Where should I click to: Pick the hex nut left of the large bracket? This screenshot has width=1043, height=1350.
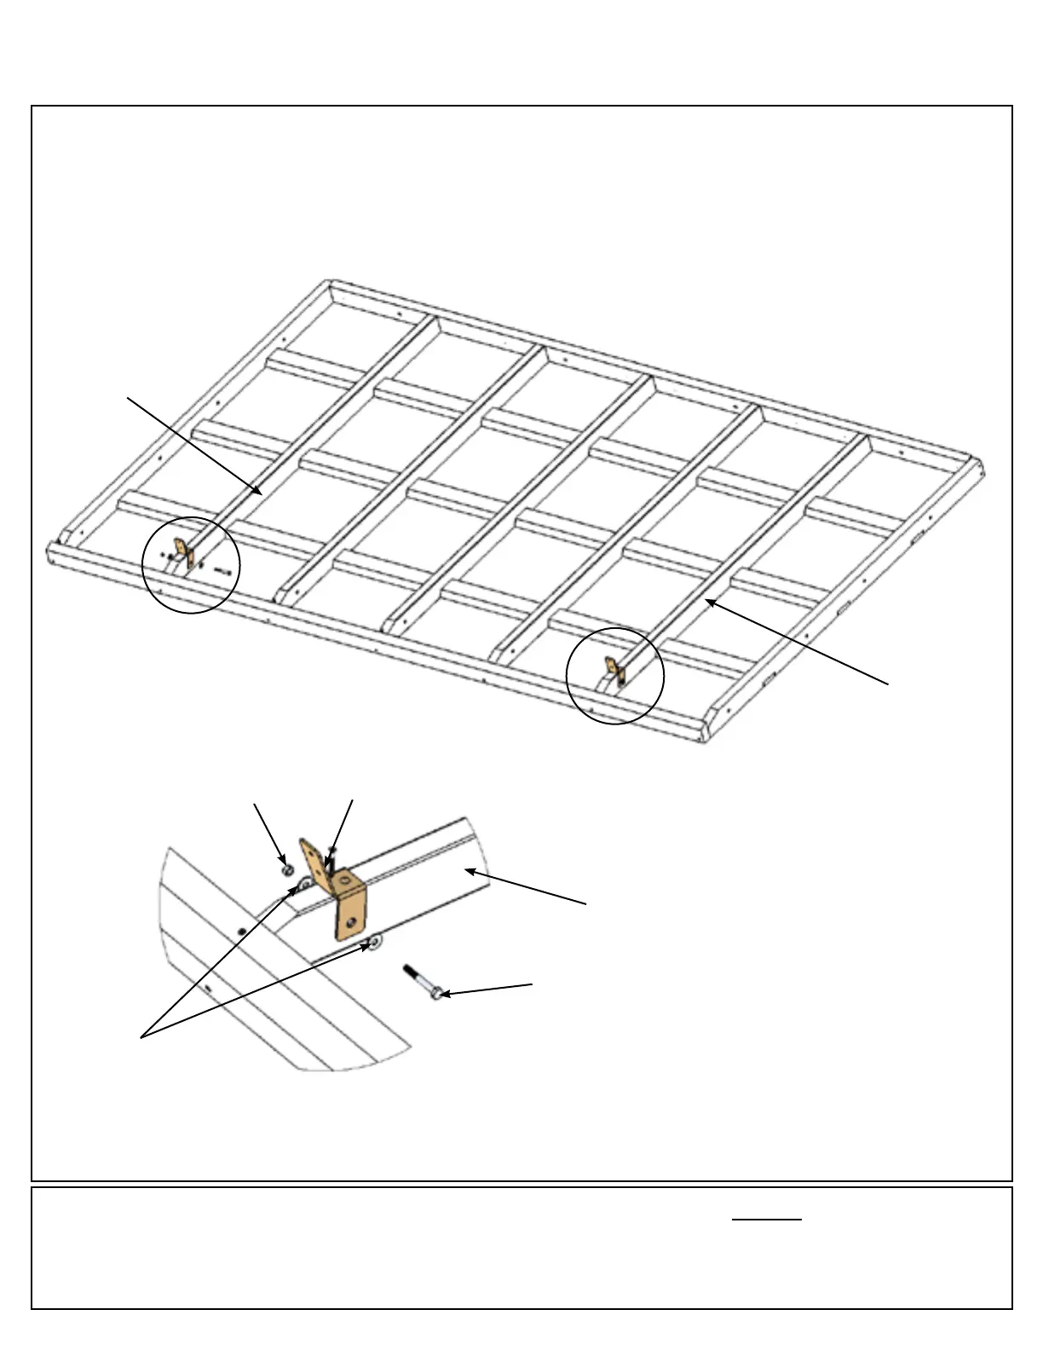tap(287, 869)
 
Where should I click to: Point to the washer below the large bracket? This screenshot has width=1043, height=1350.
tap(373, 942)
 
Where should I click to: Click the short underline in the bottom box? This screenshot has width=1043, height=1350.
tap(767, 1220)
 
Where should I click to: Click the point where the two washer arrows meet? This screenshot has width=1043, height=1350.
tap(142, 1037)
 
